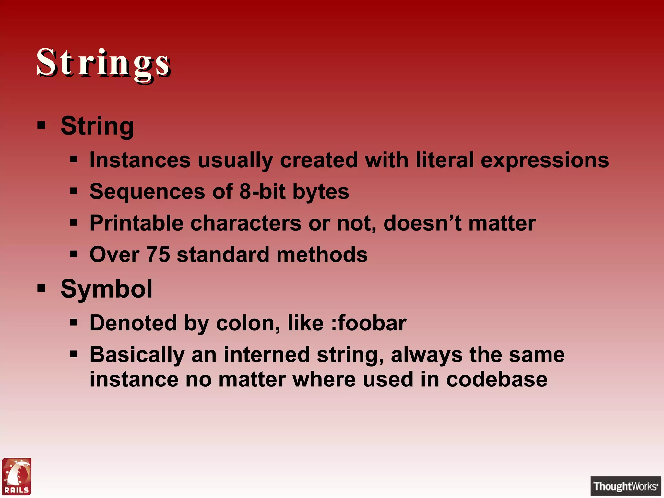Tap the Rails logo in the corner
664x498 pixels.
click(x=17, y=476)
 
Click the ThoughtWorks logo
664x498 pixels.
click(x=625, y=486)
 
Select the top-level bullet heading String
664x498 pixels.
click(x=97, y=126)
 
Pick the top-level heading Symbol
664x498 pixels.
click(x=106, y=289)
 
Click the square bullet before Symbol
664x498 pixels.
click(x=41, y=288)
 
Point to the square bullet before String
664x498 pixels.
click(x=41, y=125)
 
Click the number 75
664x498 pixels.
click(x=158, y=255)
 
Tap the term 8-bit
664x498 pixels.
click(x=262, y=191)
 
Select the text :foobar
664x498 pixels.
click(x=369, y=323)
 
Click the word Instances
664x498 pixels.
click(x=140, y=160)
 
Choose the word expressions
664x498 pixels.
click(x=545, y=160)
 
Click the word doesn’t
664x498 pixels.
click(x=422, y=223)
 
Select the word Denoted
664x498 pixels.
click(x=133, y=323)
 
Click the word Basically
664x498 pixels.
click(x=137, y=355)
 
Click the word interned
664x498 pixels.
click(x=267, y=355)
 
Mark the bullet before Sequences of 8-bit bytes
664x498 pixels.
click(x=74, y=191)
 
